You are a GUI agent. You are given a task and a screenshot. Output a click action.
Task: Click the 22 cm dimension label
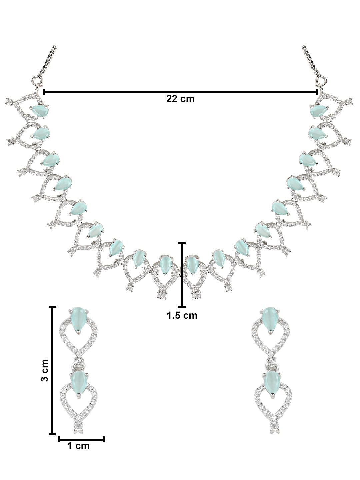pos(180,99)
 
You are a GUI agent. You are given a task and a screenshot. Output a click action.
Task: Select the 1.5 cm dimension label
pos(182,315)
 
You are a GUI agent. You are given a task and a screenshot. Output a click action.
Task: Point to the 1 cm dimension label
pos(79,446)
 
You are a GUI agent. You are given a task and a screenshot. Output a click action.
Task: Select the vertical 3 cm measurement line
pos(52,370)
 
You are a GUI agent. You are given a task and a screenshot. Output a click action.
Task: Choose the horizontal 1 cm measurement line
pos(81,439)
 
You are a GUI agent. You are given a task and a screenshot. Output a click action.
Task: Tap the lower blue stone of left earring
pos(77,383)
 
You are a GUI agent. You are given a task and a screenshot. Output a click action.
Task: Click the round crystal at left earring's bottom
pos(78,425)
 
